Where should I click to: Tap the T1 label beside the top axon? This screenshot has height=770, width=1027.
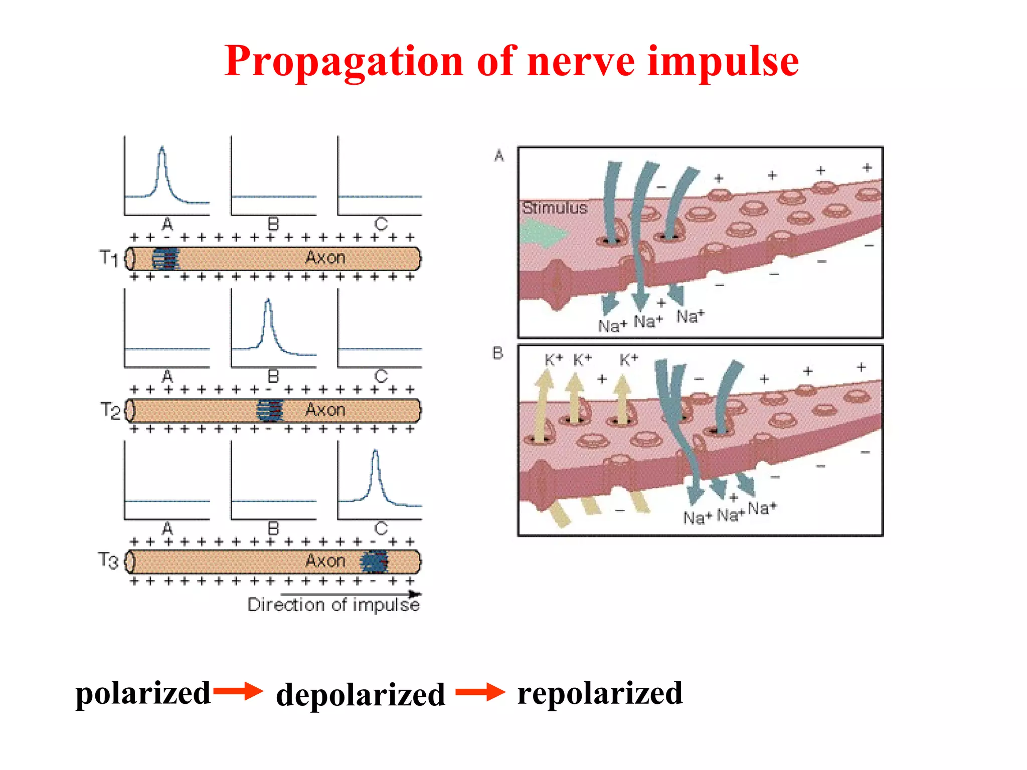tap(109, 258)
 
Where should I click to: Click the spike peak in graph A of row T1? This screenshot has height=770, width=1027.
tap(161, 148)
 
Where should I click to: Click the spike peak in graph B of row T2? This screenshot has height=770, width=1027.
tap(268, 301)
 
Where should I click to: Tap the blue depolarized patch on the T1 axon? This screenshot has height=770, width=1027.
tap(166, 259)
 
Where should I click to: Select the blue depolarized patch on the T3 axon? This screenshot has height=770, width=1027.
tap(375, 561)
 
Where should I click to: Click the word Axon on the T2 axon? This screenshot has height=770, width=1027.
tap(325, 410)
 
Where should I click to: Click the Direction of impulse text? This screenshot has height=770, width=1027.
tap(333, 605)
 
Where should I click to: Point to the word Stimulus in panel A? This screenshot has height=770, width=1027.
tap(554, 208)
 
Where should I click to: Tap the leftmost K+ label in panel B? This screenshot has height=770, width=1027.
tap(554, 359)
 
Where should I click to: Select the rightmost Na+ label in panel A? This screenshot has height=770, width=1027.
tap(691, 316)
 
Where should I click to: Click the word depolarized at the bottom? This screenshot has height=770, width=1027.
tap(360, 695)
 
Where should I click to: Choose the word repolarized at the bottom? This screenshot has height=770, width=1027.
tap(600, 694)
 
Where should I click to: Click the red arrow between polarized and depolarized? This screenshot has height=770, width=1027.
tap(238, 691)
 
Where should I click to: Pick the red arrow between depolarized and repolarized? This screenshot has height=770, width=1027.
tap(480, 692)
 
